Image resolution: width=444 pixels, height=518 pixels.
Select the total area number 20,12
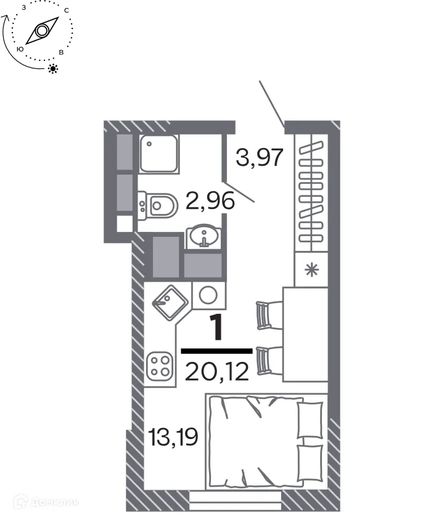click(x=216, y=371)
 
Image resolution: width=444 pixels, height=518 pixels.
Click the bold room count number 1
click(x=217, y=327)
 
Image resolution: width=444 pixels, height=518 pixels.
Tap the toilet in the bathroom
click(x=160, y=204)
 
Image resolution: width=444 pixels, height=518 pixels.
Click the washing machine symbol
click(x=208, y=294)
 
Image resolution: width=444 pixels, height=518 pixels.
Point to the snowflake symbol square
click(x=313, y=269)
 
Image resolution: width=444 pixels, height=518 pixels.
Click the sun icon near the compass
click(x=54, y=68)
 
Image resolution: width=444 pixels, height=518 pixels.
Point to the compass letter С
click(x=66, y=10)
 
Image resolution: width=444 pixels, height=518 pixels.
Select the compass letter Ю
click(x=20, y=48)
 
